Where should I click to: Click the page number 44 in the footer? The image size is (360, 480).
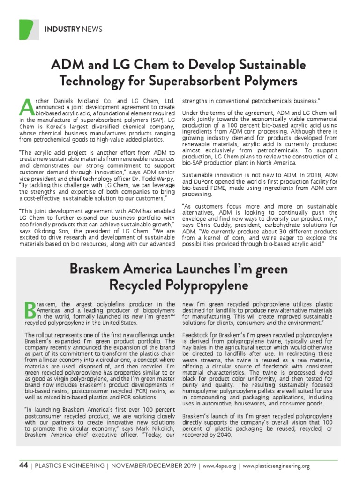[23, 465]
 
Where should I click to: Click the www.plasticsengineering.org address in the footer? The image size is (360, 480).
[277, 466]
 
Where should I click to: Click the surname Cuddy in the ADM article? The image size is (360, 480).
[220, 225]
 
